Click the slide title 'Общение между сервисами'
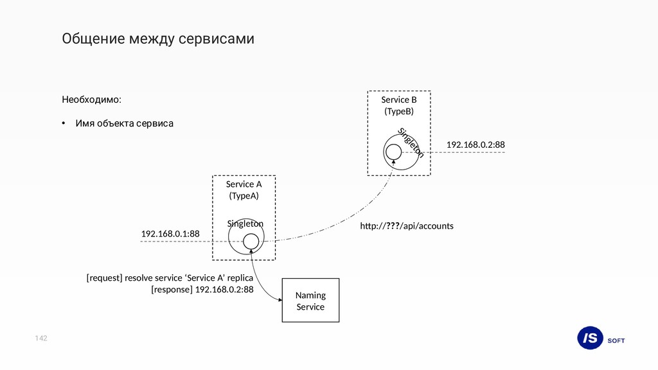tap(157, 39)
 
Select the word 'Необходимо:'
tap(91, 100)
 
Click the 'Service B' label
tap(398, 100)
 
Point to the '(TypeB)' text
tap(398, 112)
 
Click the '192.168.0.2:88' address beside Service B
tap(476, 145)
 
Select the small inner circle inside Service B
tap(393, 152)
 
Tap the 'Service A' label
tap(244, 184)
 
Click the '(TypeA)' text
tap(244, 196)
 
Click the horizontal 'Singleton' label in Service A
tap(245, 224)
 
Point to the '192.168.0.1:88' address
tap(170, 234)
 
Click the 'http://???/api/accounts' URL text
tap(407, 226)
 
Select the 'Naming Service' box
tap(310, 300)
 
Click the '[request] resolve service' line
tap(170, 278)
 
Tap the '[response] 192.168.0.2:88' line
tap(202, 290)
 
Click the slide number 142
tap(42, 338)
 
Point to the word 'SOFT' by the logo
tap(616, 340)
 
